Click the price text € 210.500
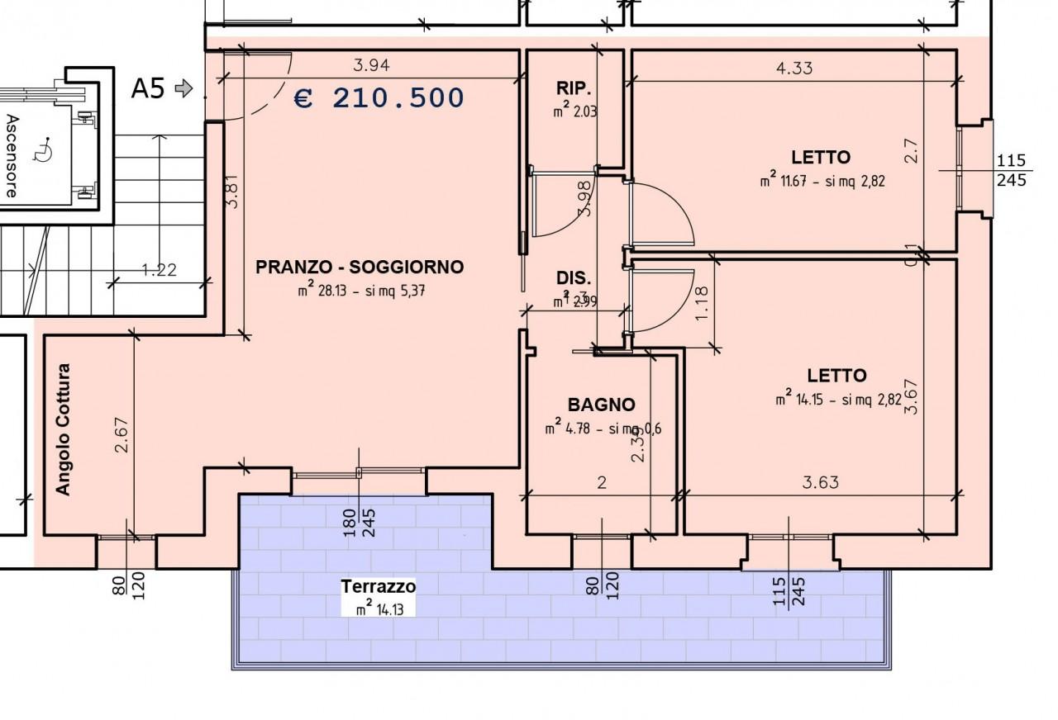379,98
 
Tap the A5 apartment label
149,88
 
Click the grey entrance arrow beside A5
184,88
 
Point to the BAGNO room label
601,405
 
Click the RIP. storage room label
573,88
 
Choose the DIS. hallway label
573,278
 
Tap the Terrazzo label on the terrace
378,586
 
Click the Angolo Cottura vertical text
64,429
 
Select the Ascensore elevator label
12,155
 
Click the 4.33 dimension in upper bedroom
793,68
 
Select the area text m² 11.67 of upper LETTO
822,181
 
